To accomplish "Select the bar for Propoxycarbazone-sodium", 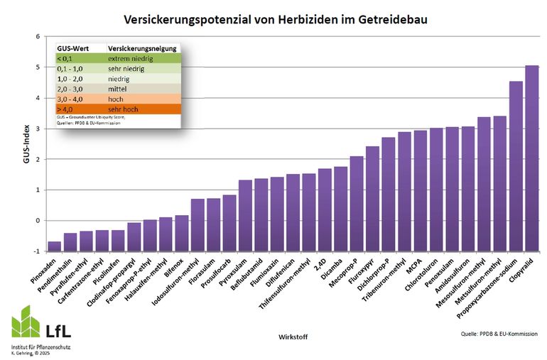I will coord(516,166).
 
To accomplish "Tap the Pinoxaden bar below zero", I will coord(54,246).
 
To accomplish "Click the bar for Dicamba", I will coord(340,209).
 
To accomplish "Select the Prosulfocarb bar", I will coord(229,222).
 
